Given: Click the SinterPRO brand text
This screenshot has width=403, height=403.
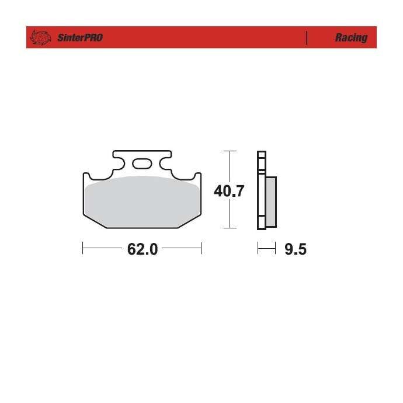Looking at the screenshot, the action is (80, 38).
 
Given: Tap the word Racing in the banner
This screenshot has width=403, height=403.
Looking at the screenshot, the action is (351, 38).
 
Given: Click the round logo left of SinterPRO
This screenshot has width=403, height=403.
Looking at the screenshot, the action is (40, 37).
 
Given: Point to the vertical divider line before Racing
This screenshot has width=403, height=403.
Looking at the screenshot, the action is (307, 38).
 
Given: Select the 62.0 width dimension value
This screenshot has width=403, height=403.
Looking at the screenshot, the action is (143, 249).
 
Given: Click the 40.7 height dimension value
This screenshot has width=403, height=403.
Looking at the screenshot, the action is (229, 191).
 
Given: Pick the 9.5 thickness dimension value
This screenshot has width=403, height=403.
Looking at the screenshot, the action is (296, 249).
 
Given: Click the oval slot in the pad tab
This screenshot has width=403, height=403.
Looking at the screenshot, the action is (142, 164).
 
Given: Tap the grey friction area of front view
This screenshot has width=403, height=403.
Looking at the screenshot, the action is (142, 201).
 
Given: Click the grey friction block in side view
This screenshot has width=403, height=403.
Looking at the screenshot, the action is (271, 202).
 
